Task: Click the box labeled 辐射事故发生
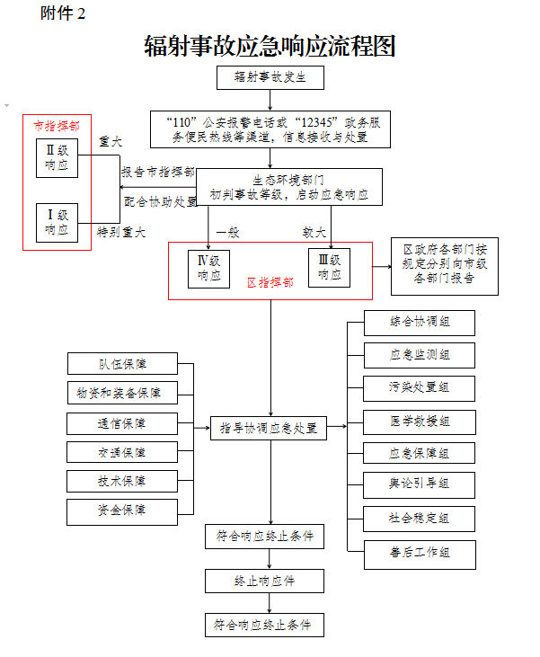270,77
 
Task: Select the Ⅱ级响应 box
58,158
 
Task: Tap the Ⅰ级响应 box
58,223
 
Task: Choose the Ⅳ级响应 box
208,268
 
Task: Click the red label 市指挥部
56,126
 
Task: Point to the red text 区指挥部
270,282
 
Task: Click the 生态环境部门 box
282,186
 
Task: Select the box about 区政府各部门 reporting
444,265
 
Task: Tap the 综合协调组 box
420,322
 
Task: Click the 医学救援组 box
420,421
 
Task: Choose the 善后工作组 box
420,553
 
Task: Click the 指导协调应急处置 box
269,428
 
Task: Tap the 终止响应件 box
263,581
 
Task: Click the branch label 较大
313,231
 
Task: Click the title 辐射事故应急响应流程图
270,46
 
